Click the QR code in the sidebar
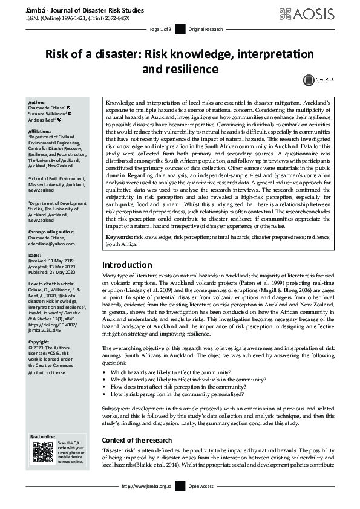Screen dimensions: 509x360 (42, 453)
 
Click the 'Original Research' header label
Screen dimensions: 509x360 (206, 30)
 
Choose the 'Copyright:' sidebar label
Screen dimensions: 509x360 (41, 342)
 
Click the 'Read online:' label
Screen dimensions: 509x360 (43, 436)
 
